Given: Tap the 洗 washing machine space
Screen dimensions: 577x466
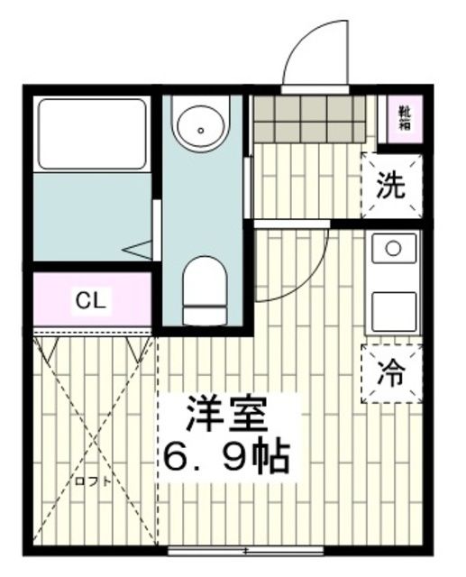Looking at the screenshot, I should point(390,186).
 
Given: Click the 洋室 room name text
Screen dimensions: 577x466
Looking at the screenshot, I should point(226,416).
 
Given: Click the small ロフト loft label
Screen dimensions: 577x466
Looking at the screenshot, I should point(94,481).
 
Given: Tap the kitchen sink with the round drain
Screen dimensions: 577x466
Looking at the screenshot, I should point(392,247).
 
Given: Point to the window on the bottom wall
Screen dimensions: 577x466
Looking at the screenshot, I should point(245,550).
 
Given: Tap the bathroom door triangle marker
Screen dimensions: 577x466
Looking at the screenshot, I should point(139,249).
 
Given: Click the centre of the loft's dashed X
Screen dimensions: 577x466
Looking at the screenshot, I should point(94,442).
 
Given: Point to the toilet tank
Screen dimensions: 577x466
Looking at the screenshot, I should point(203,313).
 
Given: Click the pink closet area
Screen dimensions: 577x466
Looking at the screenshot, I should point(90,301).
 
